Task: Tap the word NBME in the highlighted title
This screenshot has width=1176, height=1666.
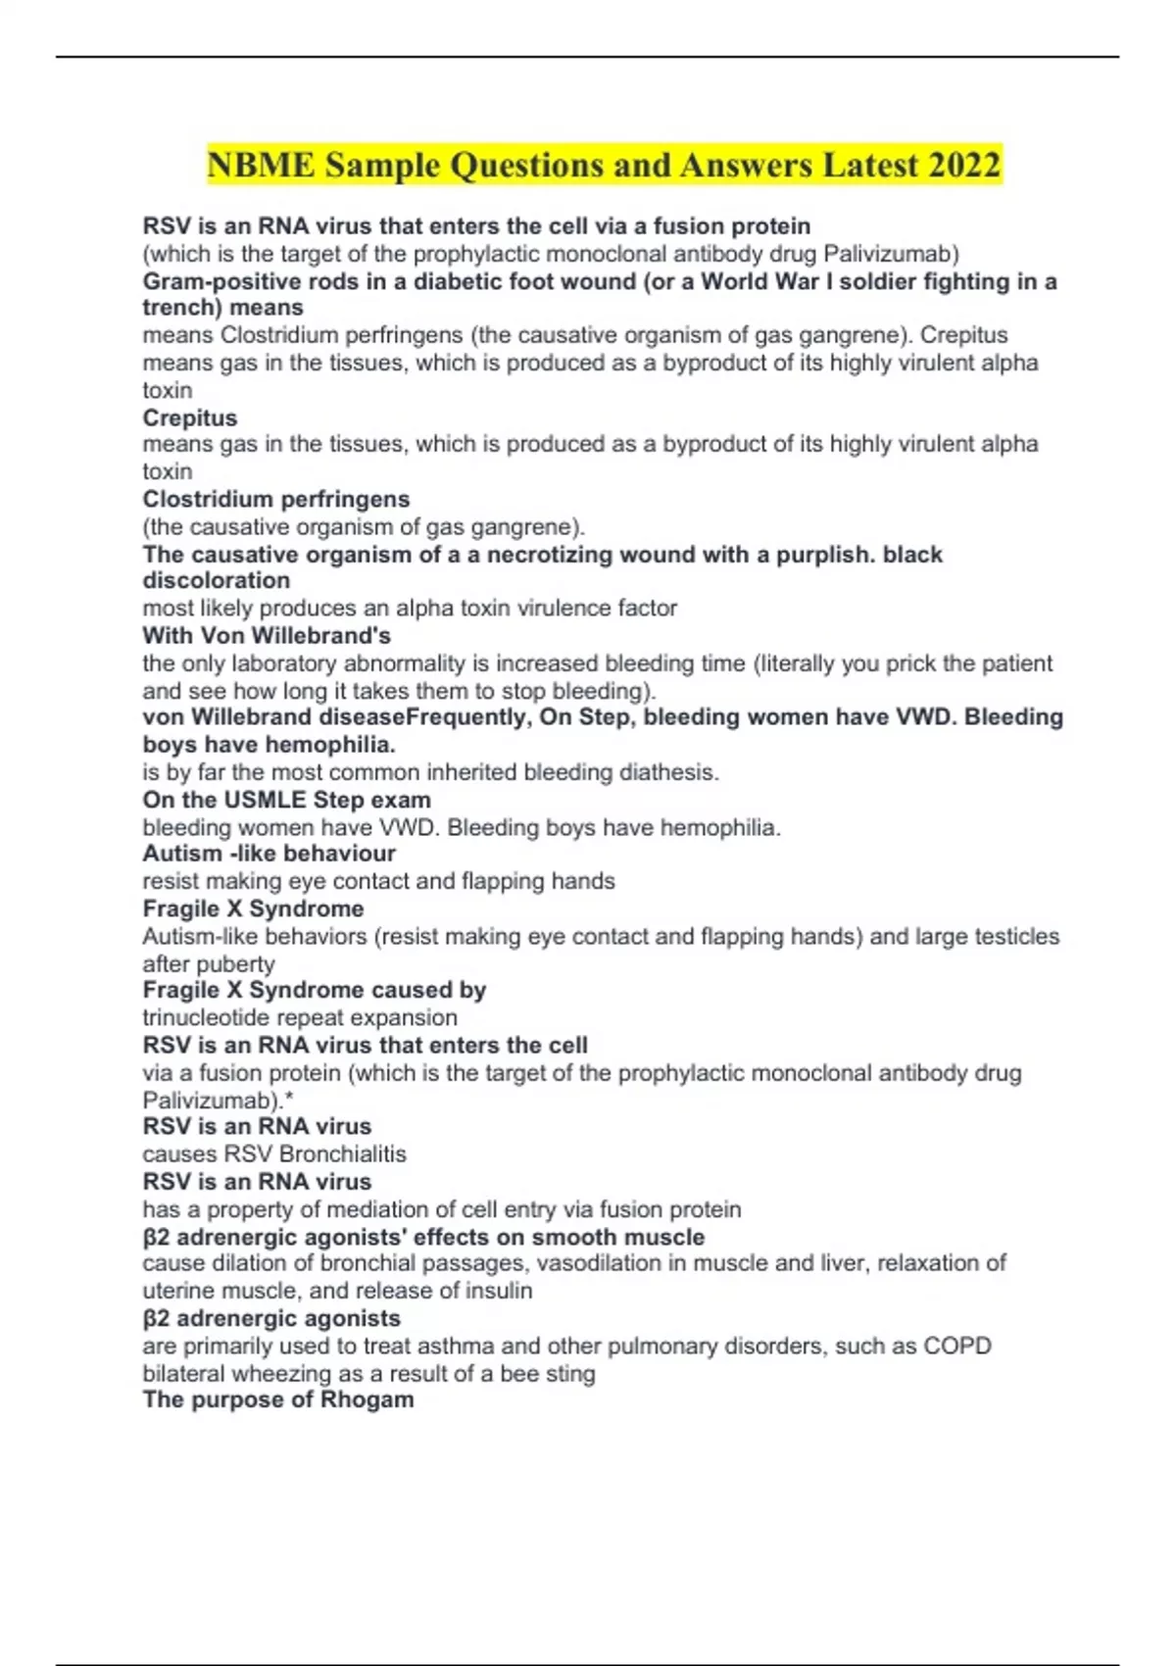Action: pos(261,165)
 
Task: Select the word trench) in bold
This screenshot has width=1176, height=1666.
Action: pos(182,308)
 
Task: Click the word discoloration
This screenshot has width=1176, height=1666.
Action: pos(216,580)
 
